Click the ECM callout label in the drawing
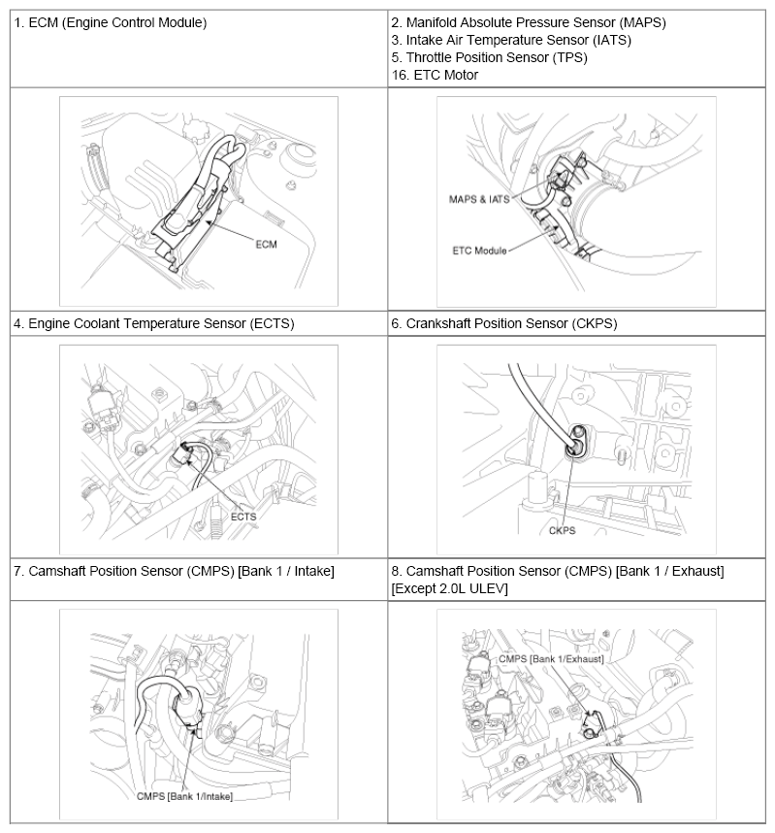tap(266, 244)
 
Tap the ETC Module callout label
tap(479, 250)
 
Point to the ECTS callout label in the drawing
tap(243, 516)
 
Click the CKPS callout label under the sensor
tap(563, 531)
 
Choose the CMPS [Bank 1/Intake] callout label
tap(185, 796)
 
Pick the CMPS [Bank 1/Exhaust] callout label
tap(551, 658)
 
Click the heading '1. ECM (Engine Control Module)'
tap(111, 21)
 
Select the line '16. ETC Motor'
tap(435, 75)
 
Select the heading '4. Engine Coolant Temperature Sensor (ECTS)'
tap(153, 323)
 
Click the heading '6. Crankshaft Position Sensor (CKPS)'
tap(504, 323)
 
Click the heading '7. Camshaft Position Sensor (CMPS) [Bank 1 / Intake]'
tap(174, 571)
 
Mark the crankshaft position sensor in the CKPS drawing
tap(574, 443)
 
